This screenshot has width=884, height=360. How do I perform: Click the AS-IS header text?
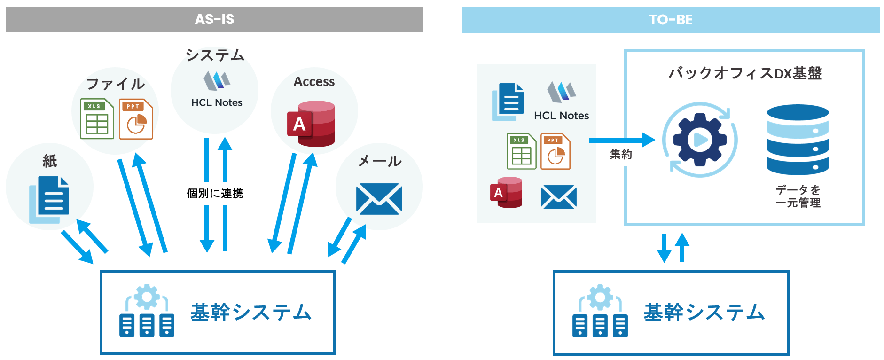(x=214, y=19)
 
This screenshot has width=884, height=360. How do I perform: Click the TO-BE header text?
(x=671, y=20)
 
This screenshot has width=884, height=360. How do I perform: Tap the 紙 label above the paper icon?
(x=49, y=161)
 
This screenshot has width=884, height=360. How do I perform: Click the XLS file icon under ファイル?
(x=97, y=119)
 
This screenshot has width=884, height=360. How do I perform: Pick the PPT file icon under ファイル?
(x=136, y=119)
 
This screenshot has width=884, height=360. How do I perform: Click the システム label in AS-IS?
(x=215, y=55)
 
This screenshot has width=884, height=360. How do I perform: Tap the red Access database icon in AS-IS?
(x=311, y=124)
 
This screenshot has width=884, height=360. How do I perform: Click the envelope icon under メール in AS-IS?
(x=379, y=199)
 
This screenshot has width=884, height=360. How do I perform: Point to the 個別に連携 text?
(x=215, y=193)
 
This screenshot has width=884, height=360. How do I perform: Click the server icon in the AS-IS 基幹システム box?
(x=147, y=311)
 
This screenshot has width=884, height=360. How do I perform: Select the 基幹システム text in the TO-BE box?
(x=704, y=313)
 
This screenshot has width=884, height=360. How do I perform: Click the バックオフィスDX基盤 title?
(x=745, y=73)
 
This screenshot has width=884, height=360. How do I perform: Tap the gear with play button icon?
(x=700, y=140)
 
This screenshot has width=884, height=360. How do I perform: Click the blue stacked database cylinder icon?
(x=798, y=140)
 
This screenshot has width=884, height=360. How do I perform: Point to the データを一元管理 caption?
(x=798, y=196)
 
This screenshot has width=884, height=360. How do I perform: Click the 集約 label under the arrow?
(x=620, y=155)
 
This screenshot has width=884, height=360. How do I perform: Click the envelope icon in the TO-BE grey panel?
(x=558, y=197)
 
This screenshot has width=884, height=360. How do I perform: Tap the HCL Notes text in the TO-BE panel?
(x=561, y=116)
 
